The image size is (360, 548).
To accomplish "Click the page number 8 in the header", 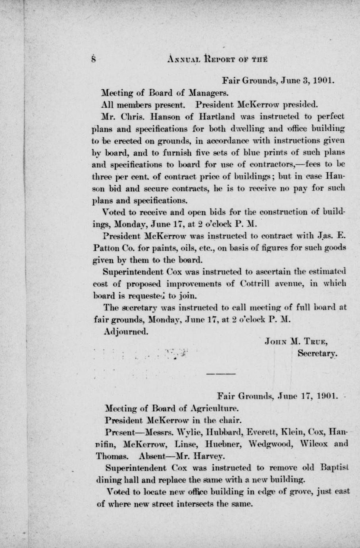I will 93,59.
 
